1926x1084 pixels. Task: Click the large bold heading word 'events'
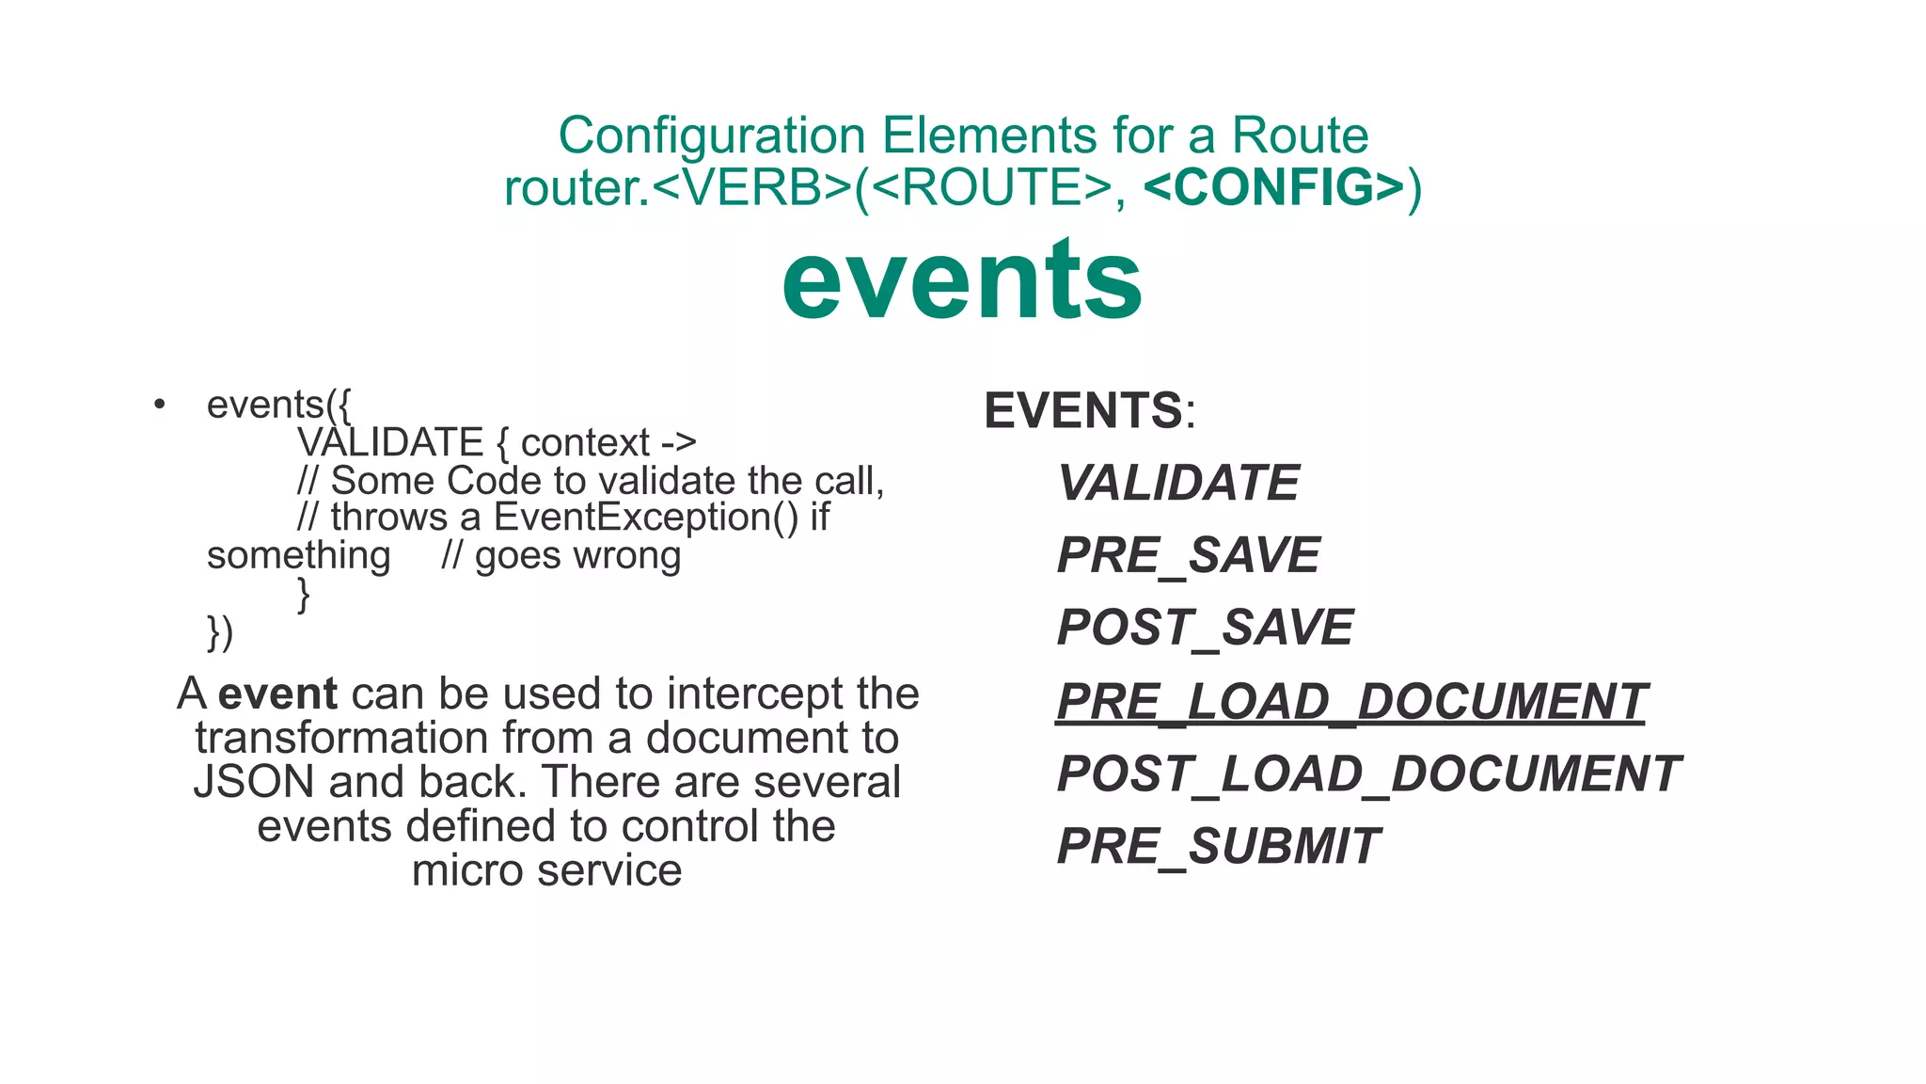(x=962, y=280)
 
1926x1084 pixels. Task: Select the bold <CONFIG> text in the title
(x=1274, y=186)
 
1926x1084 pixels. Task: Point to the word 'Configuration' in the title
(x=712, y=135)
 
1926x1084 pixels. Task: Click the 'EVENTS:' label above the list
(x=1089, y=411)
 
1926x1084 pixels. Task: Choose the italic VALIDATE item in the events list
(x=1178, y=483)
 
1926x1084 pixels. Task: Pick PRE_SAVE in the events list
(x=1189, y=555)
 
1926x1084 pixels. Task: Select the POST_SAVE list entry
(x=1206, y=628)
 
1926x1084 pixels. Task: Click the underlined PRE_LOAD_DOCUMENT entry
(x=1351, y=702)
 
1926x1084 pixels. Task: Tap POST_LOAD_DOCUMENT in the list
(x=1368, y=773)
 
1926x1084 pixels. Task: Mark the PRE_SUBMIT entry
(x=1219, y=846)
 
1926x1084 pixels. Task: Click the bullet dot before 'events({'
(x=160, y=405)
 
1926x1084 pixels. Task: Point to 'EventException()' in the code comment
(x=646, y=518)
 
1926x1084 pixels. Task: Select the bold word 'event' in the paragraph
(x=277, y=694)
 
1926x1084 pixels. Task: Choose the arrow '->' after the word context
(x=678, y=442)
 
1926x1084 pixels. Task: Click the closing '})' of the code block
(x=220, y=632)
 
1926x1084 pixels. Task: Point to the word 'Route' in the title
(x=1300, y=135)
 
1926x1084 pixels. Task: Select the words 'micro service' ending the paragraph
(x=546, y=870)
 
